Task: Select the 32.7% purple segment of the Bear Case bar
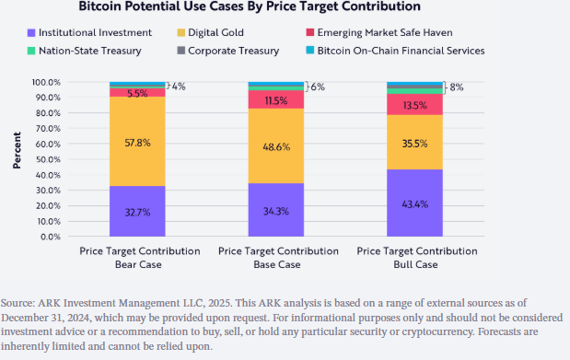tap(137, 211)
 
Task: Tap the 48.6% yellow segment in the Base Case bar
tap(276, 145)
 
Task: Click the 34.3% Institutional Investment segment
tap(276, 210)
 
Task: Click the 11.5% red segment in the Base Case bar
tap(276, 99)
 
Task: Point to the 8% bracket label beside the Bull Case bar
tap(456, 87)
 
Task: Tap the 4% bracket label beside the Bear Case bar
tap(179, 87)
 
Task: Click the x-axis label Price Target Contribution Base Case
tap(276, 257)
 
